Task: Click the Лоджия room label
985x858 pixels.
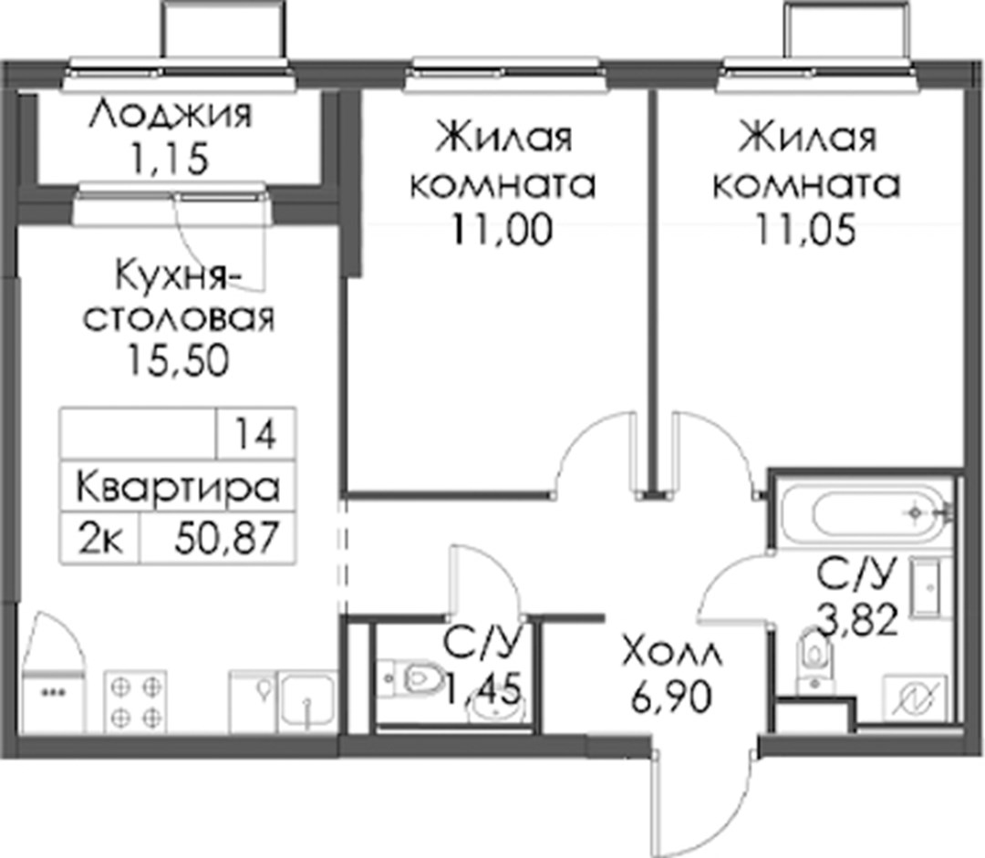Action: [x=171, y=114]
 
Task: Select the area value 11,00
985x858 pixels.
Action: [x=502, y=229]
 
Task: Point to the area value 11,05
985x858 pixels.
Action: [x=805, y=229]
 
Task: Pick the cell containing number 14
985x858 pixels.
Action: [x=255, y=433]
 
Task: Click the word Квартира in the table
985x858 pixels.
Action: [x=178, y=488]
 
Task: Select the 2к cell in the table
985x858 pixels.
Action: [x=100, y=538]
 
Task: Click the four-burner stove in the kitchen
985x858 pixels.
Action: [x=136, y=701]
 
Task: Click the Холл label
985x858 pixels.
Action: [x=672, y=654]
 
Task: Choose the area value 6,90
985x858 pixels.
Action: [x=672, y=698]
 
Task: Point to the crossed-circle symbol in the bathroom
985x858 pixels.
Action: [x=916, y=698]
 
